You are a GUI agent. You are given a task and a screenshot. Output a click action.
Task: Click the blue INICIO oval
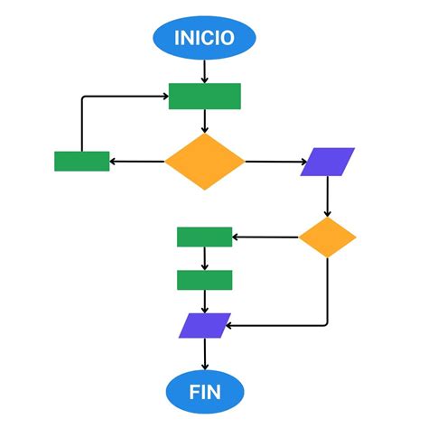[204, 38]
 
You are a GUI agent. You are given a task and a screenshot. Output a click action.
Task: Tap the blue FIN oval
[204, 393]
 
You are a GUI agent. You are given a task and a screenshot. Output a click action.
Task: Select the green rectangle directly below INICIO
[204, 96]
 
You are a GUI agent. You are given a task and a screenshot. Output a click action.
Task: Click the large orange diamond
[205, 163]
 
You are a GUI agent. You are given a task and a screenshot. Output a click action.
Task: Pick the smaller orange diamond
[327, 237]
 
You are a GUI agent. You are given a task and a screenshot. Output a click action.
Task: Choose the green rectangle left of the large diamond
[81, 162]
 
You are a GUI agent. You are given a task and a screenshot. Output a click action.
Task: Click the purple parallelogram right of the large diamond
[328, 162]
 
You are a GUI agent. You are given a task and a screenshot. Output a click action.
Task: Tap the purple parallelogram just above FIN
[205, 325]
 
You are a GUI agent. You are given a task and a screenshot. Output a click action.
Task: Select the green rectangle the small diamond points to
[204, 237]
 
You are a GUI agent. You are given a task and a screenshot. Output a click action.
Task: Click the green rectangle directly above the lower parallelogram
[204, 280]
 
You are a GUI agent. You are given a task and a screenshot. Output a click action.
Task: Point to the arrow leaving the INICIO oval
[205, 70]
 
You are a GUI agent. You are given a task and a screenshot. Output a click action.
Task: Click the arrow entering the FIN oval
[205, 354]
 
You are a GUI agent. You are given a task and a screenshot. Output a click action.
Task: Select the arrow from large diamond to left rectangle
[137, 163]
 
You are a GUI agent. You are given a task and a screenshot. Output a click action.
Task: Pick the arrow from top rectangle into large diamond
[205, 121]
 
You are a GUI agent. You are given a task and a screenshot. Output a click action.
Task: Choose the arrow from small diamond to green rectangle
[265, 237]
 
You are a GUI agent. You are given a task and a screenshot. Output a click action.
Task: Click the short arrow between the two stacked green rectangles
[205, 258]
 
